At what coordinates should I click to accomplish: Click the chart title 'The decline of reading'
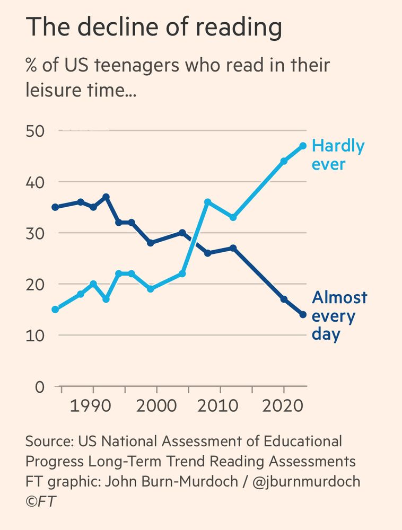153,28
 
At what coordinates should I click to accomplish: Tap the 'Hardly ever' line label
338,154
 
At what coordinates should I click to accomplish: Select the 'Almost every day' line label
339,316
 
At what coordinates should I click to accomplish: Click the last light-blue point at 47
303,146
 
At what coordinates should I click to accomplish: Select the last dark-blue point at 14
303,315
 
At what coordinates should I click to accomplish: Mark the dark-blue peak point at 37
106,197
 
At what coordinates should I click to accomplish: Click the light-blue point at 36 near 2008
207,202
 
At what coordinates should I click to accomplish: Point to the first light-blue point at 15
55,310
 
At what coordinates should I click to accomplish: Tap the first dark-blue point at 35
55,207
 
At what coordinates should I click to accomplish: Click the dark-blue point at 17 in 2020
284,299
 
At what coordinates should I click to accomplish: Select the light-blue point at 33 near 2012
233,217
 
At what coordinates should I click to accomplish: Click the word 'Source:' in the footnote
49,441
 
